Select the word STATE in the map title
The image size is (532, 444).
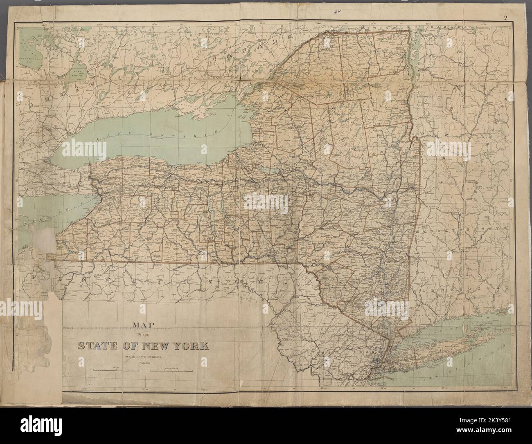98,346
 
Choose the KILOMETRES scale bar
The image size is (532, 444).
172,371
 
